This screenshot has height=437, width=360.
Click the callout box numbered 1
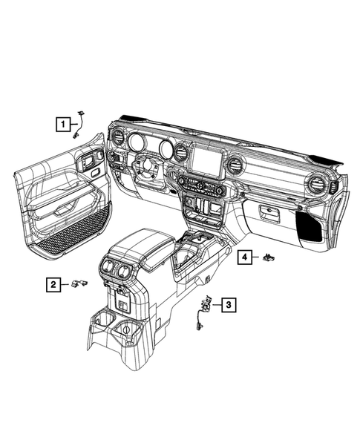(x=66, y=125)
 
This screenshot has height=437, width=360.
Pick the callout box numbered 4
(x=243, y=257)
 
